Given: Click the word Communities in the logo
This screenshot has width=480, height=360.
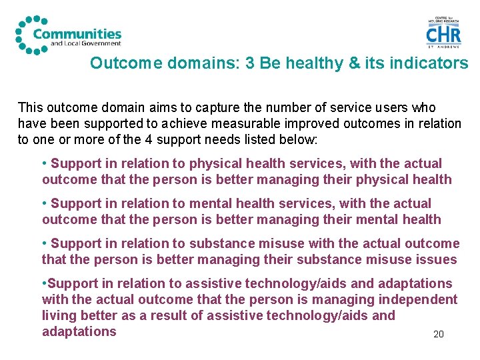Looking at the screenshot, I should tap(77, 33).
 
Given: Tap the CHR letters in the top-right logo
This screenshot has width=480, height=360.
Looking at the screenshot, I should tap(443, 34).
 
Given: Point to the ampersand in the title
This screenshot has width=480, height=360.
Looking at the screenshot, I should tap(353, 63).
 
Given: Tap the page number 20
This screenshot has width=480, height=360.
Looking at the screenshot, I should tap(438, 334).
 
